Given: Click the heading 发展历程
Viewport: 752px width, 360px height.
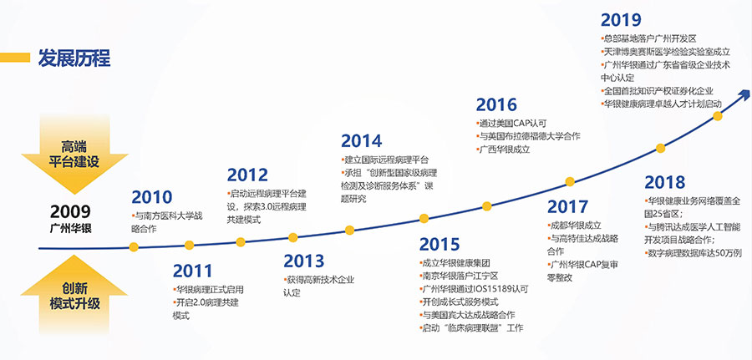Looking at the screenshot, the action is [74, 58].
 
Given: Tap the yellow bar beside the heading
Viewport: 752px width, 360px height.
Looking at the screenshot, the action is [15, 58].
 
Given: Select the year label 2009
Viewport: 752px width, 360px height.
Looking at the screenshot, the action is [70, 211].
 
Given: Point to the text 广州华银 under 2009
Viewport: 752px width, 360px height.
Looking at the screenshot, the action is [70, 228].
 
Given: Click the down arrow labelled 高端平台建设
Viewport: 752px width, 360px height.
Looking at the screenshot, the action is [74, 155].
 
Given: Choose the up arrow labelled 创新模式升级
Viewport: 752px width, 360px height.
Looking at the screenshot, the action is [74, 295].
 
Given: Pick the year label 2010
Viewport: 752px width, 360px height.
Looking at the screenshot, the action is [151, 197].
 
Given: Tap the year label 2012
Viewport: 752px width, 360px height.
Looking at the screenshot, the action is [247, 175].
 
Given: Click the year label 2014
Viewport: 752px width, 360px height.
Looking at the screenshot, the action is [362, 141].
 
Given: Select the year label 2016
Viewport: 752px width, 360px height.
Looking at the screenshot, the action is [496, 104].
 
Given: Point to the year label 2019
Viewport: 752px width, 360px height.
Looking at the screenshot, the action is [621, 20].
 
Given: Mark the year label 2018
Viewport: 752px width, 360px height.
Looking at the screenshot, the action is [665, 182].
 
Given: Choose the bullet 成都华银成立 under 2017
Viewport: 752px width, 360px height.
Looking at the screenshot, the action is [574, 225].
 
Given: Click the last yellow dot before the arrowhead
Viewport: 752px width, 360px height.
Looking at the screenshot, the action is [718, 115].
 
